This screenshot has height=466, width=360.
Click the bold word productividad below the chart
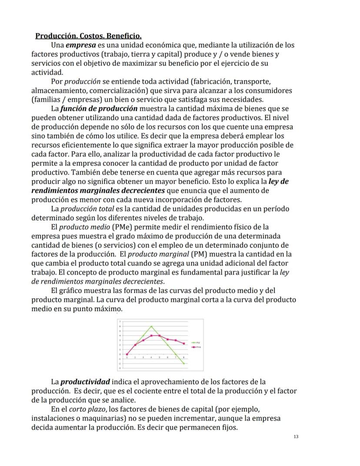[x=85, y=382]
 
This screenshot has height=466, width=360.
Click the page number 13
[x=296, y=436]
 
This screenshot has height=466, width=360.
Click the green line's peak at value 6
[x=151, y=326]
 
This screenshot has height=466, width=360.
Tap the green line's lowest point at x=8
[x=184, y=363]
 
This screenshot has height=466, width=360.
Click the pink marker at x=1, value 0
[x=127, y=354]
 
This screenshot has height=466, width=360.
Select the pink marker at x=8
[x=184, y=344]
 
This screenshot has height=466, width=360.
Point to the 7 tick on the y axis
[x=120, y=322]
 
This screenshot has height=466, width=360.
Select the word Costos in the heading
[x=89, y=36]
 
